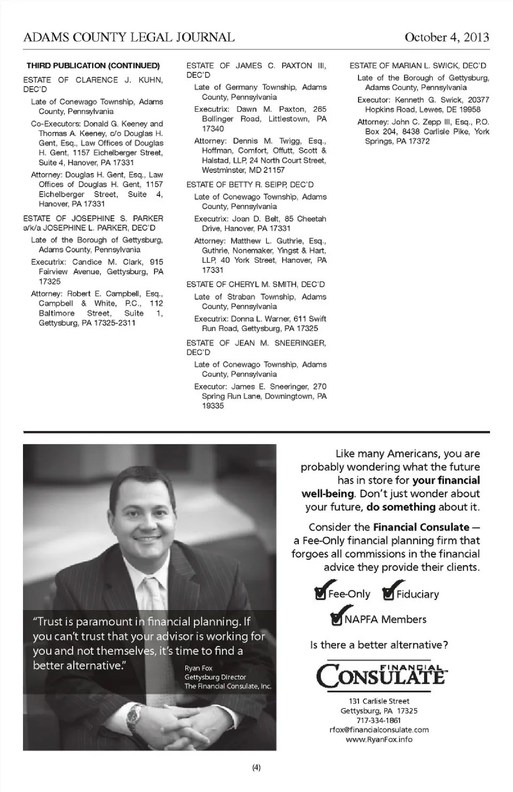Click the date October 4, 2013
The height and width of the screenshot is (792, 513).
pos(446,37)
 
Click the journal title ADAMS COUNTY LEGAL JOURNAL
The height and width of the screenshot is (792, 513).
pos(129,37)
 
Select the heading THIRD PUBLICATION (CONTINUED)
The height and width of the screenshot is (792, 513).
pos(93,66)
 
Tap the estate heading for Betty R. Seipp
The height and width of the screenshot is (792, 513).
pos(250,184)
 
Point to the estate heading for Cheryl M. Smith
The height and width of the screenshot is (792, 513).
pos(255,284)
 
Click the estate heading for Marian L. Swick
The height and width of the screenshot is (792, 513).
pos(417,66)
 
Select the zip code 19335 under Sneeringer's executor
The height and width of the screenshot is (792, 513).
pos(213,406)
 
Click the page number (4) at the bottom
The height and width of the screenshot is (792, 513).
pos(256,768)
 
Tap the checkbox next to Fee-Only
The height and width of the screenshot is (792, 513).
pos(320,594)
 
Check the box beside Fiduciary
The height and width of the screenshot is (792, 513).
pos(388,594)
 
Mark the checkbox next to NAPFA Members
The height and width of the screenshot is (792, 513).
pos(337,619)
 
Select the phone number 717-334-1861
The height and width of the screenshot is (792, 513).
pos(379,720)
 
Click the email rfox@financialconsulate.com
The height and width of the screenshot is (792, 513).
pos(379,730)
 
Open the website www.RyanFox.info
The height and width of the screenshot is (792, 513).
pos(379,739)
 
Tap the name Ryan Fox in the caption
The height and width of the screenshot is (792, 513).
pos(198,668)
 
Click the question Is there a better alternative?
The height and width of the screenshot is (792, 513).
pos(379,645)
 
